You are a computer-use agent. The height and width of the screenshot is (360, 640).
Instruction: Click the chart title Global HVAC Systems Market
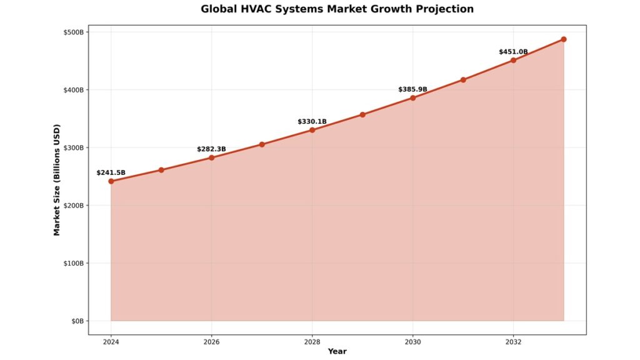tap(337, 9)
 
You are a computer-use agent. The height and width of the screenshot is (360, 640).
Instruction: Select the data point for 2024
tap(111, 181)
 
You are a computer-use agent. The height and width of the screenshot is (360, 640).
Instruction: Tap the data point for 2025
tap(161, 170)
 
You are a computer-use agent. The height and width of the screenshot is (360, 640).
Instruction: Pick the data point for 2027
tap(262, 144)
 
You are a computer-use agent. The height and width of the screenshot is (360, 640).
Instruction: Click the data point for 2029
tap(362, 114)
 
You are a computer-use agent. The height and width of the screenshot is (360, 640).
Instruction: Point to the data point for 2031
tap(463, 80)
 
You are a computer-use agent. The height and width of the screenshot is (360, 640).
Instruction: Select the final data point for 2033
tap(564, 39)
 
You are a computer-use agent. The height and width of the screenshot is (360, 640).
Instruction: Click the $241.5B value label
tap(111, 172)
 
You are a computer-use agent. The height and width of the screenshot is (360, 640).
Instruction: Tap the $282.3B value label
tap(211, 149)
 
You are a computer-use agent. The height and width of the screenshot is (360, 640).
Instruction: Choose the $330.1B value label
tap(312, 122)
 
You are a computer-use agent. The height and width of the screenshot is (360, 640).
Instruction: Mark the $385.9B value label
tap(412, 90)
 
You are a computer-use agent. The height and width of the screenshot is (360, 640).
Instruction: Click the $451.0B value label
tap(513, 52)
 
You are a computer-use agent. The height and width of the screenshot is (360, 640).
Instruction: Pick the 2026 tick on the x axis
tap(212, 342)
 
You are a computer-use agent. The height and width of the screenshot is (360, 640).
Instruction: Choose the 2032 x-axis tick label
tap(513, 342)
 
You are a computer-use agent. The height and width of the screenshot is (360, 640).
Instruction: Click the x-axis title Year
tap(337, 351)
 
